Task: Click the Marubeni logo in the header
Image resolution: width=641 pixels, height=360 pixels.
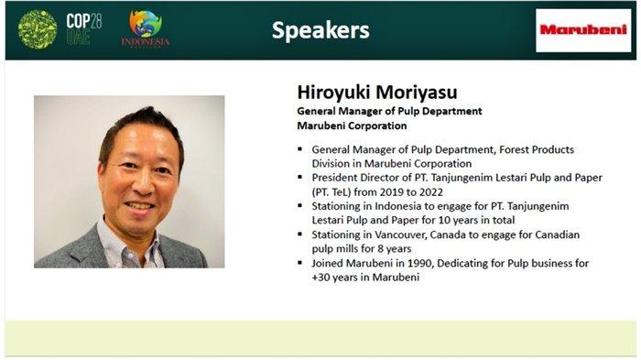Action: point(570,30)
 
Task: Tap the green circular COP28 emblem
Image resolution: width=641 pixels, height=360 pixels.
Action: point(38,29)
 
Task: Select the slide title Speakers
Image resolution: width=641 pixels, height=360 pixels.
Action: point(320,29)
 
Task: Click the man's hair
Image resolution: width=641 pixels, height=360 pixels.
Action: point(137,128)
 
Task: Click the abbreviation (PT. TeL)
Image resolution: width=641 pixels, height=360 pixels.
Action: point(337,191)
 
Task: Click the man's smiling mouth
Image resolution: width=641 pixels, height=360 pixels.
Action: point(139,208)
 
